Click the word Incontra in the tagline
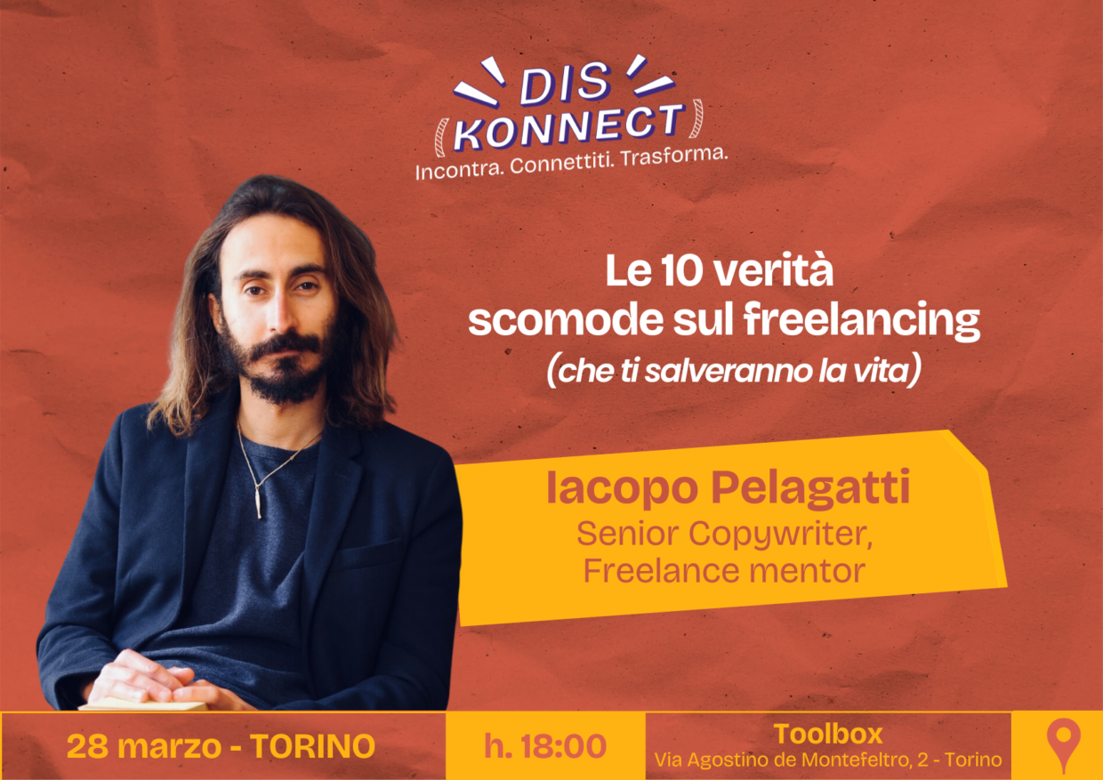tap(457, 169)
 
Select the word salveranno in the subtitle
tap(721, 372)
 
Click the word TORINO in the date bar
tap(312, 746)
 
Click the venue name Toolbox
tap(828, 734)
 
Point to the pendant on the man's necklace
tap(257, 503)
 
